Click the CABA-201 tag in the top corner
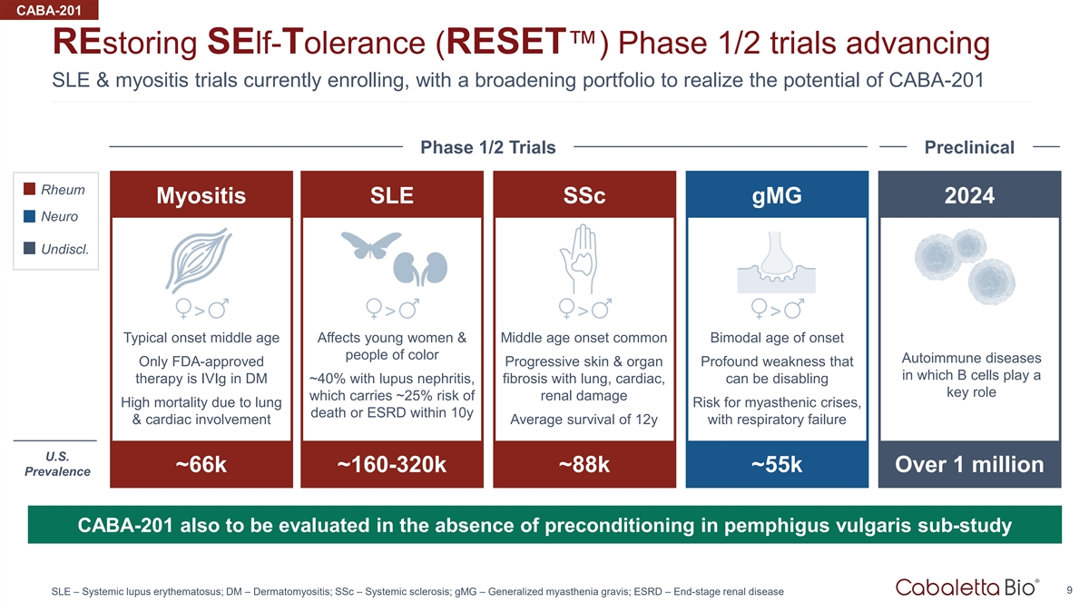click(x=49, y=10)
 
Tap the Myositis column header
click(x=201, y=195)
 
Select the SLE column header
click(x=392, y=195)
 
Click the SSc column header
click(x=584, y=195)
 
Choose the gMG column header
click(x=777, y=195)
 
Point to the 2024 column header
click(x=969, y=195)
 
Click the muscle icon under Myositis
click(x=199, y=261)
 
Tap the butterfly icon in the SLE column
click(x=371, y=244)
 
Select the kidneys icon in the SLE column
click(x=420, y=269)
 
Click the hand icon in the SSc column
click(x=579, y=259)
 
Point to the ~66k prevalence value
click(x=201, y=464)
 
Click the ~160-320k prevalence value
click(x=392, y=464)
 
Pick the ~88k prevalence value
click(x=584, y=464)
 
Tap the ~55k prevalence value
click(x=777, y=464)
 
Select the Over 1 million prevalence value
click(x=969, y=464)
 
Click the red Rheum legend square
click(x=29, y=189)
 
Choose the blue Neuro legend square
click(x=29, y=216)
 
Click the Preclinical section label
click(x=969, y=147)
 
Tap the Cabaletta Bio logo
click(x=967, y=588)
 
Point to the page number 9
click(x=1070, y=590)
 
